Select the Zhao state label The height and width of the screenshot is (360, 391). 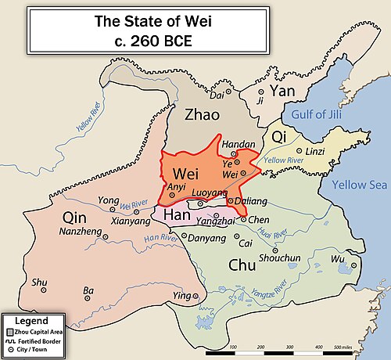point(206,115)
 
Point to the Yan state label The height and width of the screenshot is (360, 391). point(282,92)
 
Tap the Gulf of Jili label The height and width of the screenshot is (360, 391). point(318,115)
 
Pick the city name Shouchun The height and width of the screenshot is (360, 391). point(274,257)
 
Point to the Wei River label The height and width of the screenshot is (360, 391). point(134,204)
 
